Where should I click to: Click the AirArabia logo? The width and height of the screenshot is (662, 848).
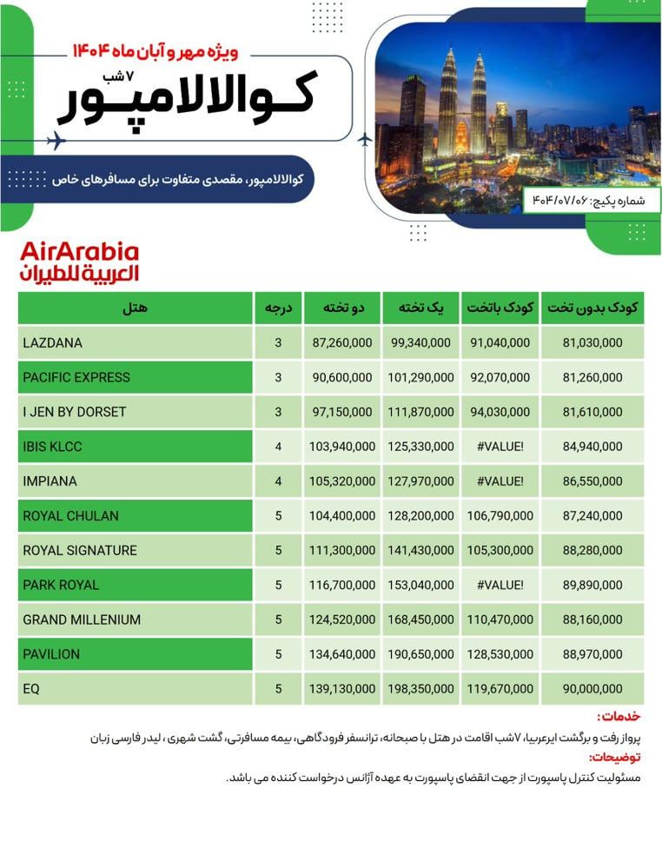(79, 262)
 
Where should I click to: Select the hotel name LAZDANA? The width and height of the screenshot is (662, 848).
(53, 343)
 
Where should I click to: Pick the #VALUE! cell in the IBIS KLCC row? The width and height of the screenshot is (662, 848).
(500, 447)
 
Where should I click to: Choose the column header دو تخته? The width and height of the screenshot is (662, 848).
(344, 308)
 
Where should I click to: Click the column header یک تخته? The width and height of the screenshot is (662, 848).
(421, 308)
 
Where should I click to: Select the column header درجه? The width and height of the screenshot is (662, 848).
(278, 308)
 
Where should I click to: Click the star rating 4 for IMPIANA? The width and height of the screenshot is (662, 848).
(278, 481)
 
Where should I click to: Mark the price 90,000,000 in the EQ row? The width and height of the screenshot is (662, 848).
(592, 689)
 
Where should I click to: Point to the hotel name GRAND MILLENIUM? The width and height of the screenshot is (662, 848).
(82, 619)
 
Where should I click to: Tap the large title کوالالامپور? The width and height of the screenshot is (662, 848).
(187, 97)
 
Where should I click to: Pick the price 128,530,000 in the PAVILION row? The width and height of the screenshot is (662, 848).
(500, 654)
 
